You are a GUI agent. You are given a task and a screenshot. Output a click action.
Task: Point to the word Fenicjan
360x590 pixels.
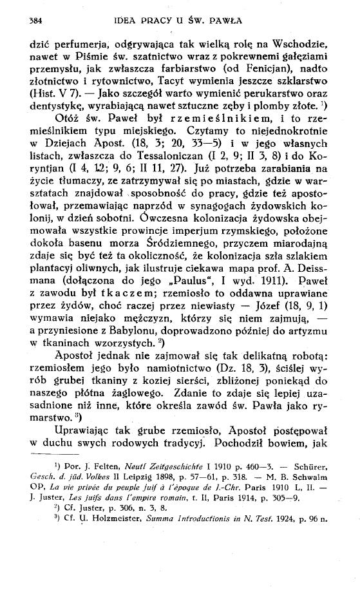(x=270, y=72)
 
